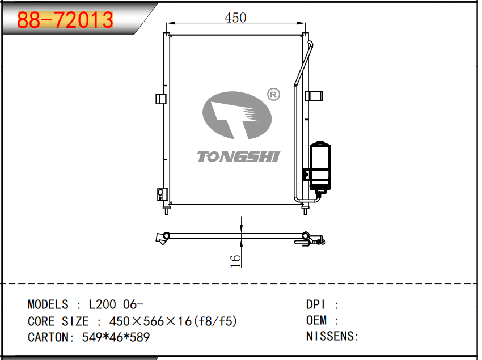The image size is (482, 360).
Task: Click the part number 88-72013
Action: point(65,20)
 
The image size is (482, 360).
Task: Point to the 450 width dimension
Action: point(235,18)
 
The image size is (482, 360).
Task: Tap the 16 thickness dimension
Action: point(235,261)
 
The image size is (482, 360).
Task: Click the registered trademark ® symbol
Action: point(273,94)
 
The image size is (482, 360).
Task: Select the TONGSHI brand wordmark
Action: point(238,156)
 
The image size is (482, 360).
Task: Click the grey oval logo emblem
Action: point(237,115)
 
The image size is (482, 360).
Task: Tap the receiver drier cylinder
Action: point(320,166)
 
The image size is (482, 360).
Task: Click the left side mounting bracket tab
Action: point(161,99)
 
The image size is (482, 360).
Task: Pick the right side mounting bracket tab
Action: point(314,96)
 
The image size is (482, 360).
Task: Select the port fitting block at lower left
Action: point(162,194)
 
